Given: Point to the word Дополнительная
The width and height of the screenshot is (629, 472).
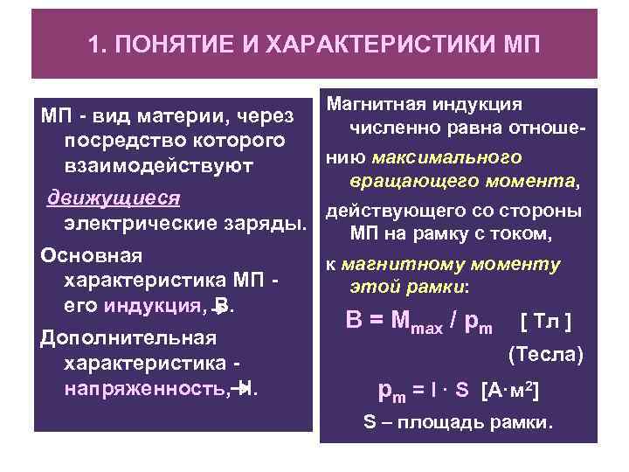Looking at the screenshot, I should pyautogui.click(x=110, y=337).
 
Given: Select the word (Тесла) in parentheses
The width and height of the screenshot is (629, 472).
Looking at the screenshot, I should pyautogui.click(x=545, y=355).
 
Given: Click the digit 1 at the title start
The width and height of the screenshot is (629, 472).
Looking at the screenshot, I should pyautogui.click(x=94, y=43).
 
